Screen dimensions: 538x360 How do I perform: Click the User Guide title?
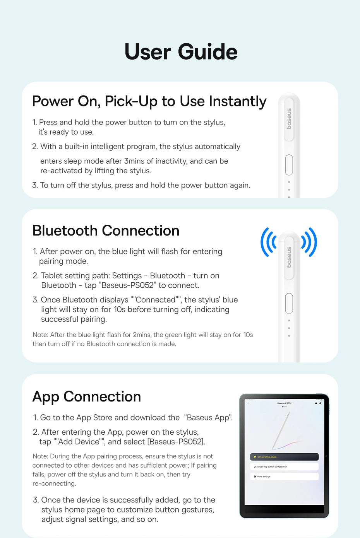coord(181,52)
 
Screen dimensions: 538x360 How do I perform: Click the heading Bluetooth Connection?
coord(106,231)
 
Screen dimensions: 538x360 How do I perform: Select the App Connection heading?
coord(87,397)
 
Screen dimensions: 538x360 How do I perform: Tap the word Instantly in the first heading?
coord(238,101)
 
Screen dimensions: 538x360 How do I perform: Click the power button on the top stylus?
coord(289,165)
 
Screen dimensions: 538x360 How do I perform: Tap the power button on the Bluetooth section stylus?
coord(289,303)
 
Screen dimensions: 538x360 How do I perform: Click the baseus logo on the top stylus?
coord(289,119)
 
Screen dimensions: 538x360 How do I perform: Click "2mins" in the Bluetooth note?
coord(142,335)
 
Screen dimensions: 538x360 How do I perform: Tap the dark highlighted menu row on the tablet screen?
coord(284,457)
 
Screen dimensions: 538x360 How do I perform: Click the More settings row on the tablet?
coord(284,477)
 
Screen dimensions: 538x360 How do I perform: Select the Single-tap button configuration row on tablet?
coord(284,467)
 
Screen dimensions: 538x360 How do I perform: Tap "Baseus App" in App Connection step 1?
coord(208,418)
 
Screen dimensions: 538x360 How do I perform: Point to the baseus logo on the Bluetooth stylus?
coord(289,257)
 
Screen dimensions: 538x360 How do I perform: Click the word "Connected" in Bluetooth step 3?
coord(155,300)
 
